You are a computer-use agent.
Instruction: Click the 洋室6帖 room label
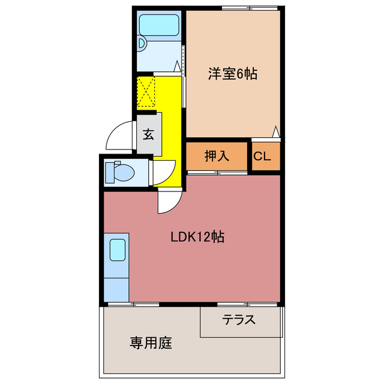pyautogui.click(x=233, y=74)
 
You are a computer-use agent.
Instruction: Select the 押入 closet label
pyautogui.click(x=217, y=156)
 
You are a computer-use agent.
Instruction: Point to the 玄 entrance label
pyautogui.click(x=148, y=134)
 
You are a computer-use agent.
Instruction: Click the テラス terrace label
pyautogui.click(x=239, y=320)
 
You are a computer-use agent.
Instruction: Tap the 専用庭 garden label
pyautogui.click(x=151, y=343)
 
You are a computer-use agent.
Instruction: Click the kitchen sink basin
pyautogui.click(x=118, y=250)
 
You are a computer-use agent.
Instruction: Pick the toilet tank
pyautogui.click(x=109, y=173)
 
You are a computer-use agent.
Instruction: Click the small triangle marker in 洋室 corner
pyautogui.click(x=275, y=131)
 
